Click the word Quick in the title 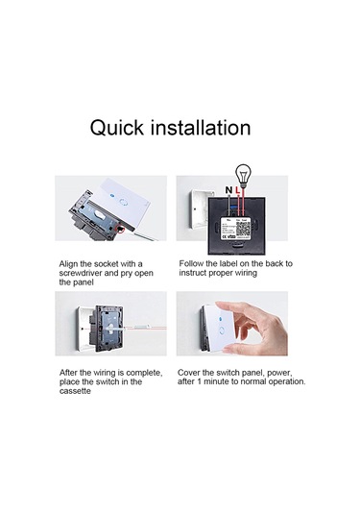click(x=117, y=128)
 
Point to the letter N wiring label click(x=227, y=191)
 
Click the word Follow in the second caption click(x=194, y=263)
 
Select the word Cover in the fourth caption click(x=193, y=372)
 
